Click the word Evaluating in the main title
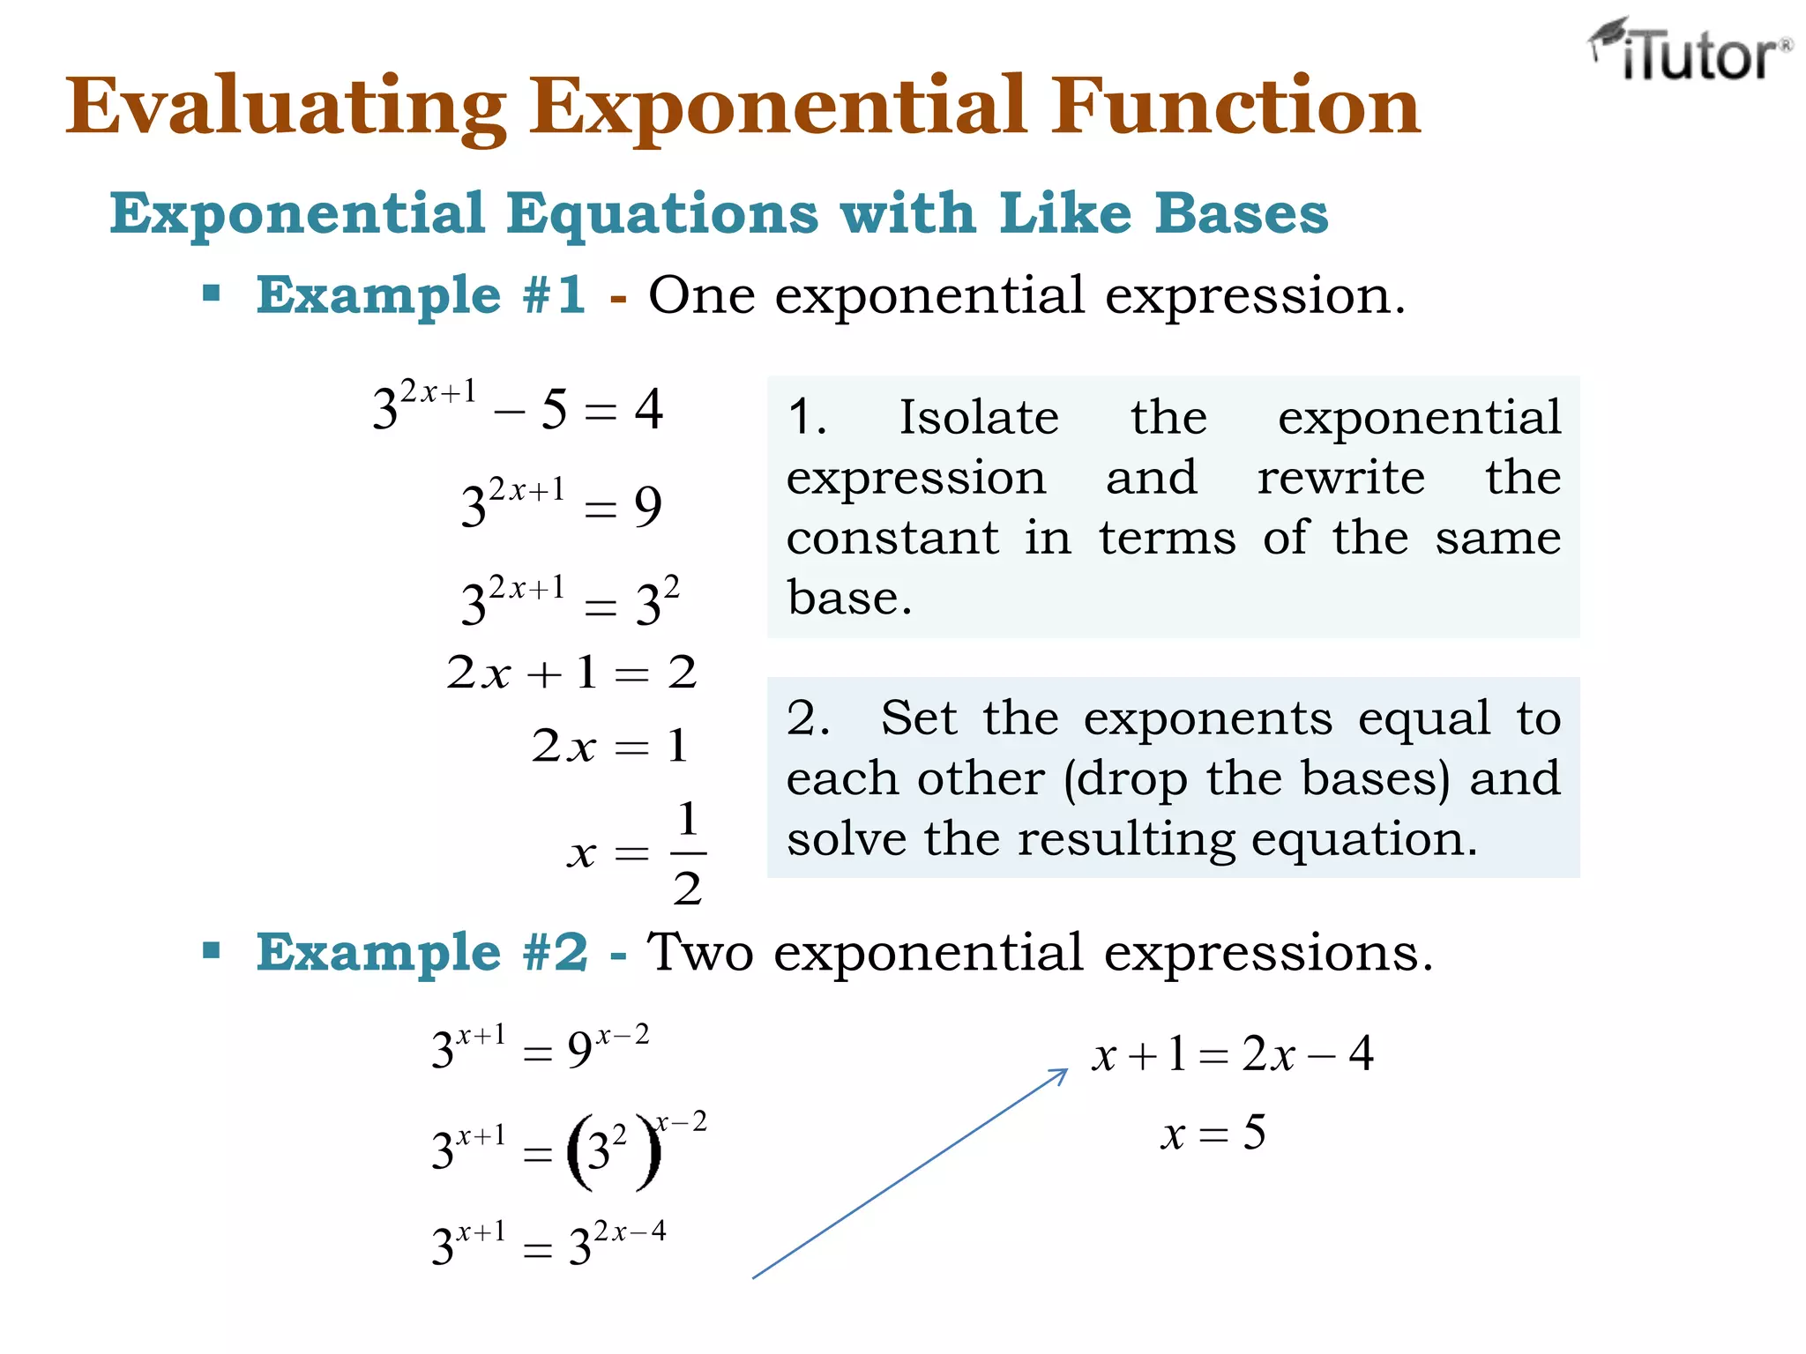point(286,108)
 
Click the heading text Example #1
point(421,295)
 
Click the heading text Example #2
point(422,953)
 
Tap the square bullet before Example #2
point(211,950)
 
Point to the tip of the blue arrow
point(1066,1071)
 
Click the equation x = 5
point(1213,1134)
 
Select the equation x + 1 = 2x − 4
point(1232,1054)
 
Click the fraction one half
point(687,853)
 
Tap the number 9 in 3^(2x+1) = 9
point(648,508)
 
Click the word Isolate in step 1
point(978,418)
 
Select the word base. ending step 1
point(848,599)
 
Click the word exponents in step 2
point(1207,718)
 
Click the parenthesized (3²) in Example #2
point(613,1151)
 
